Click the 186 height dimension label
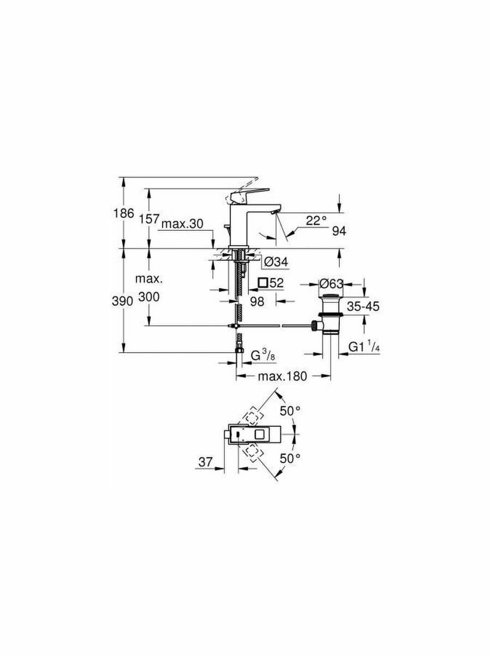click(x=124, y=213)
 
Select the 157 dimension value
click(x=149, y=219)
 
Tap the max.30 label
click(x=182, y=224)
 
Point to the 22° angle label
click(x=316, y=221)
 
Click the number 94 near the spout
click(x=339, y=231)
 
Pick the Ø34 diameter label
click(x=277, y=262)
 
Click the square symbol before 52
click(x=263, y=282)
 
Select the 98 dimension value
click(x=257, y=301)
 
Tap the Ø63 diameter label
click(x=331, y=284)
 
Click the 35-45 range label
click(x=363, y=306)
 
